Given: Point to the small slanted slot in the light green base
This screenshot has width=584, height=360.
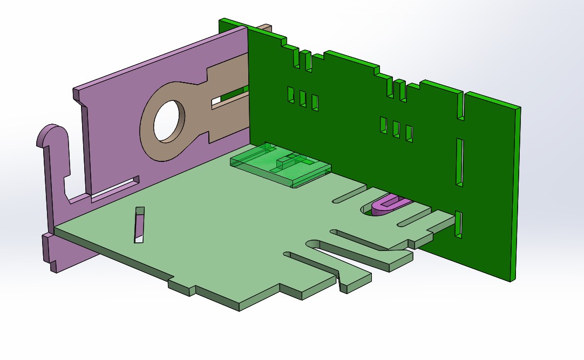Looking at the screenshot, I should click(140, 224).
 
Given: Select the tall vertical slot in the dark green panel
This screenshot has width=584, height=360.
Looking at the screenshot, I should click(460, 161).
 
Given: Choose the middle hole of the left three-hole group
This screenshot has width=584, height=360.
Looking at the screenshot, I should click(303, 98).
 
